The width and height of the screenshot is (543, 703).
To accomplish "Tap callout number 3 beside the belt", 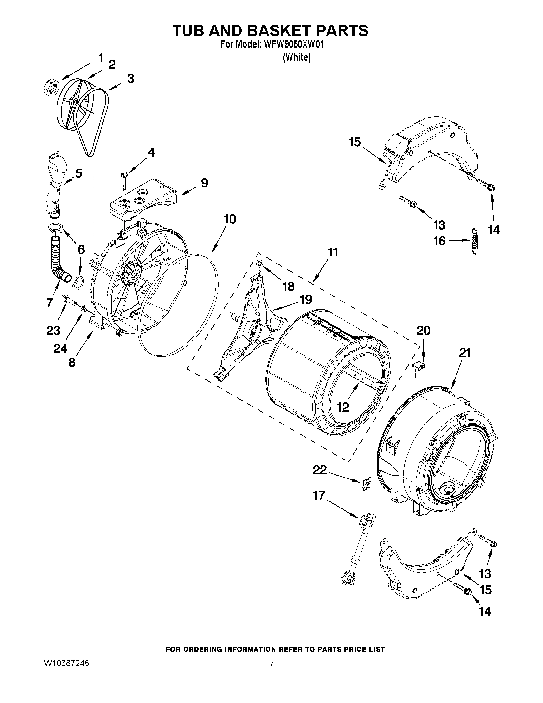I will tap(130, 79).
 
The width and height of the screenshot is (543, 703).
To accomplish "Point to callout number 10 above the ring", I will tap(230, 219).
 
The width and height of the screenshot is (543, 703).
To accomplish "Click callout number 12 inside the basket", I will tap(343, 408).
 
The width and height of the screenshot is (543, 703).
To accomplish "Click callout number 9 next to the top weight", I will tap(204, 183).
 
